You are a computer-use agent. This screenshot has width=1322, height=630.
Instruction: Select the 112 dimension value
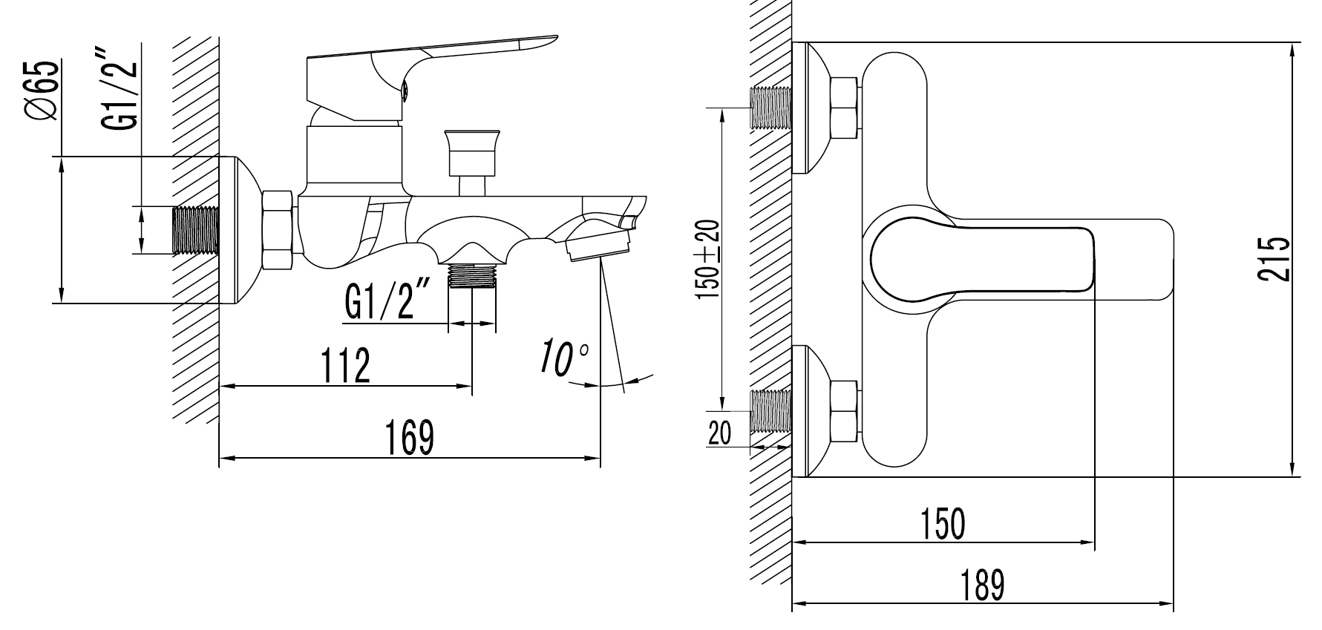pyautogui.click(x=345, y=365)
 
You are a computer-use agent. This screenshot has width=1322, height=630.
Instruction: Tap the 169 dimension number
pyautogui.click(x=409, y=437)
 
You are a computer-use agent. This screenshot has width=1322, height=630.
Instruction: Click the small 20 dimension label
pyautogui.click(x=719, y=433)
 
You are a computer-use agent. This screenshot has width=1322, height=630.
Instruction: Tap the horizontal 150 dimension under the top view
pyautogui.click(x=943, y=523)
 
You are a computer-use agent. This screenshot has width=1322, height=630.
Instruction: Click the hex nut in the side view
pyautogui.click(x=278, y=229)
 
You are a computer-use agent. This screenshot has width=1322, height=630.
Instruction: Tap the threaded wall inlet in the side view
pyautogui.click(x=197, y=229)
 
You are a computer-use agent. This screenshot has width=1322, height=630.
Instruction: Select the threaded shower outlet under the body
pyautogui.click(x=473, y=277)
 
